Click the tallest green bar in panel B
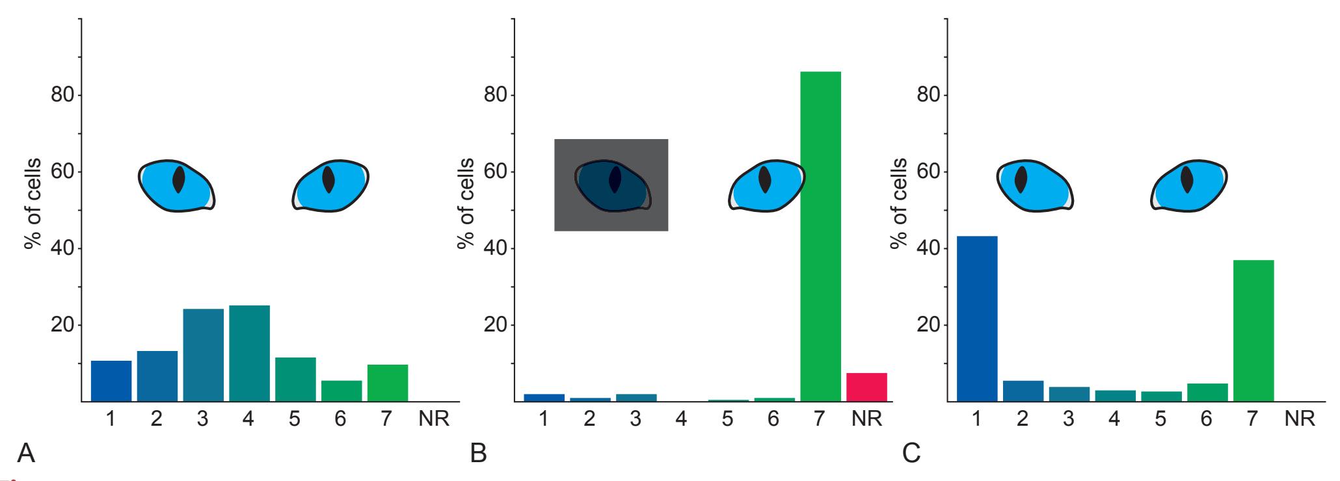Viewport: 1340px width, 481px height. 820,237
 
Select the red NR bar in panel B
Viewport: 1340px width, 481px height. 866,387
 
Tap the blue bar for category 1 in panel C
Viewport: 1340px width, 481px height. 976,318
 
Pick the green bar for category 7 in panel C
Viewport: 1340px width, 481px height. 1253,331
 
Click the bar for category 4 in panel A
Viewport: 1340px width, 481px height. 249,354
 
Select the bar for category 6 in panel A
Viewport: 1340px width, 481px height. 341,391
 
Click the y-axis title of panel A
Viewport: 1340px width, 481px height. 33,203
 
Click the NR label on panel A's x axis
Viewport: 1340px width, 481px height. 433,419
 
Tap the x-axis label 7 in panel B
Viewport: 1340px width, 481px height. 818,419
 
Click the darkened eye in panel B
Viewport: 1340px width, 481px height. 613,186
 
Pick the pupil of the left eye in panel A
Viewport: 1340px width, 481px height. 178,180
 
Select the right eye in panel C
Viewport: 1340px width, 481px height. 1189,186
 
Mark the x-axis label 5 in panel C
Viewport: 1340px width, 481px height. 1160,419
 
